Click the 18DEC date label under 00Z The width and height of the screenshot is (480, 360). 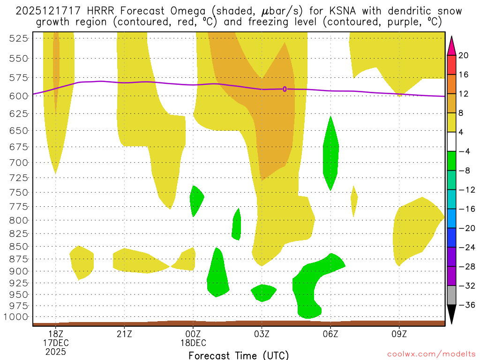tap(193, 343)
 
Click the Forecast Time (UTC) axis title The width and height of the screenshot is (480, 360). tap(239, 355)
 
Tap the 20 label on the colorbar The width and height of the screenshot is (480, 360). tap(464, 55)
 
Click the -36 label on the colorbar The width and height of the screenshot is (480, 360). tap(465, 305)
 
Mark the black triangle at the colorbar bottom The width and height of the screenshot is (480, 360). tap(451, 315)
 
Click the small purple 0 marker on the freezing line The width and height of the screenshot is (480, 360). tap(285, 89)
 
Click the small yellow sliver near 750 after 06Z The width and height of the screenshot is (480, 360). tap(354, 199)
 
